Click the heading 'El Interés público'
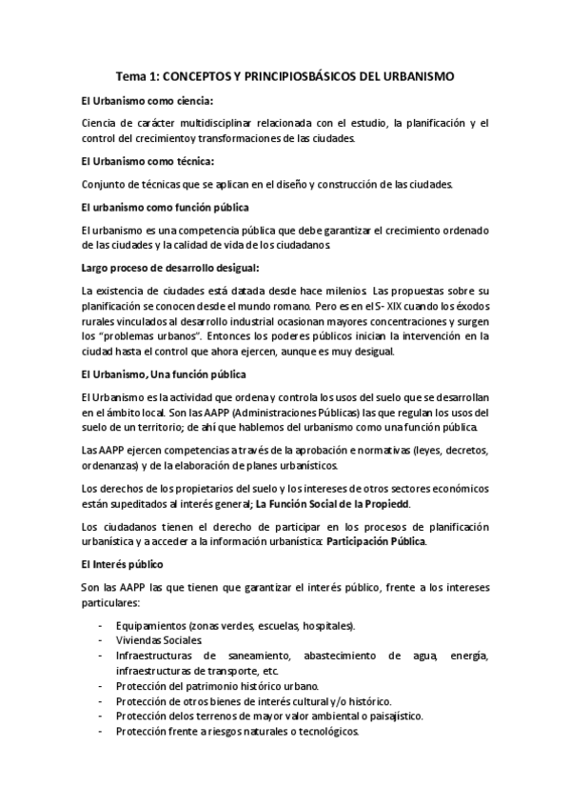pyautogui.click(x=124, y=564)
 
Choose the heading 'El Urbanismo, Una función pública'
pyautogui.click(x=164, y=373)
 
